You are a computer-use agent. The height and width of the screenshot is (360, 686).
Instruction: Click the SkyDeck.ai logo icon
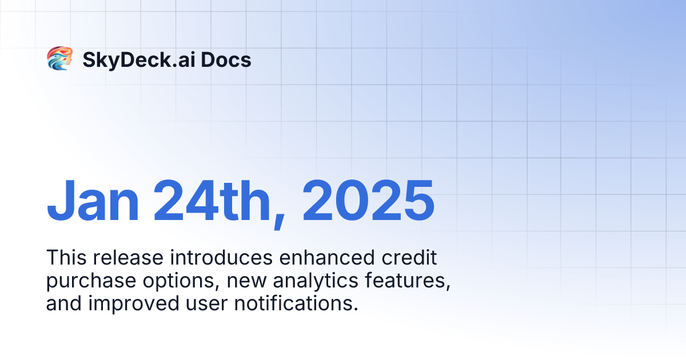[x=59, y=59]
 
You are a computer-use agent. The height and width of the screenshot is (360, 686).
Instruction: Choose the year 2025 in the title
[x=368, y=202]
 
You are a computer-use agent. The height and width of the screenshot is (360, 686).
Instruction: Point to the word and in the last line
[x=64, y=303]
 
